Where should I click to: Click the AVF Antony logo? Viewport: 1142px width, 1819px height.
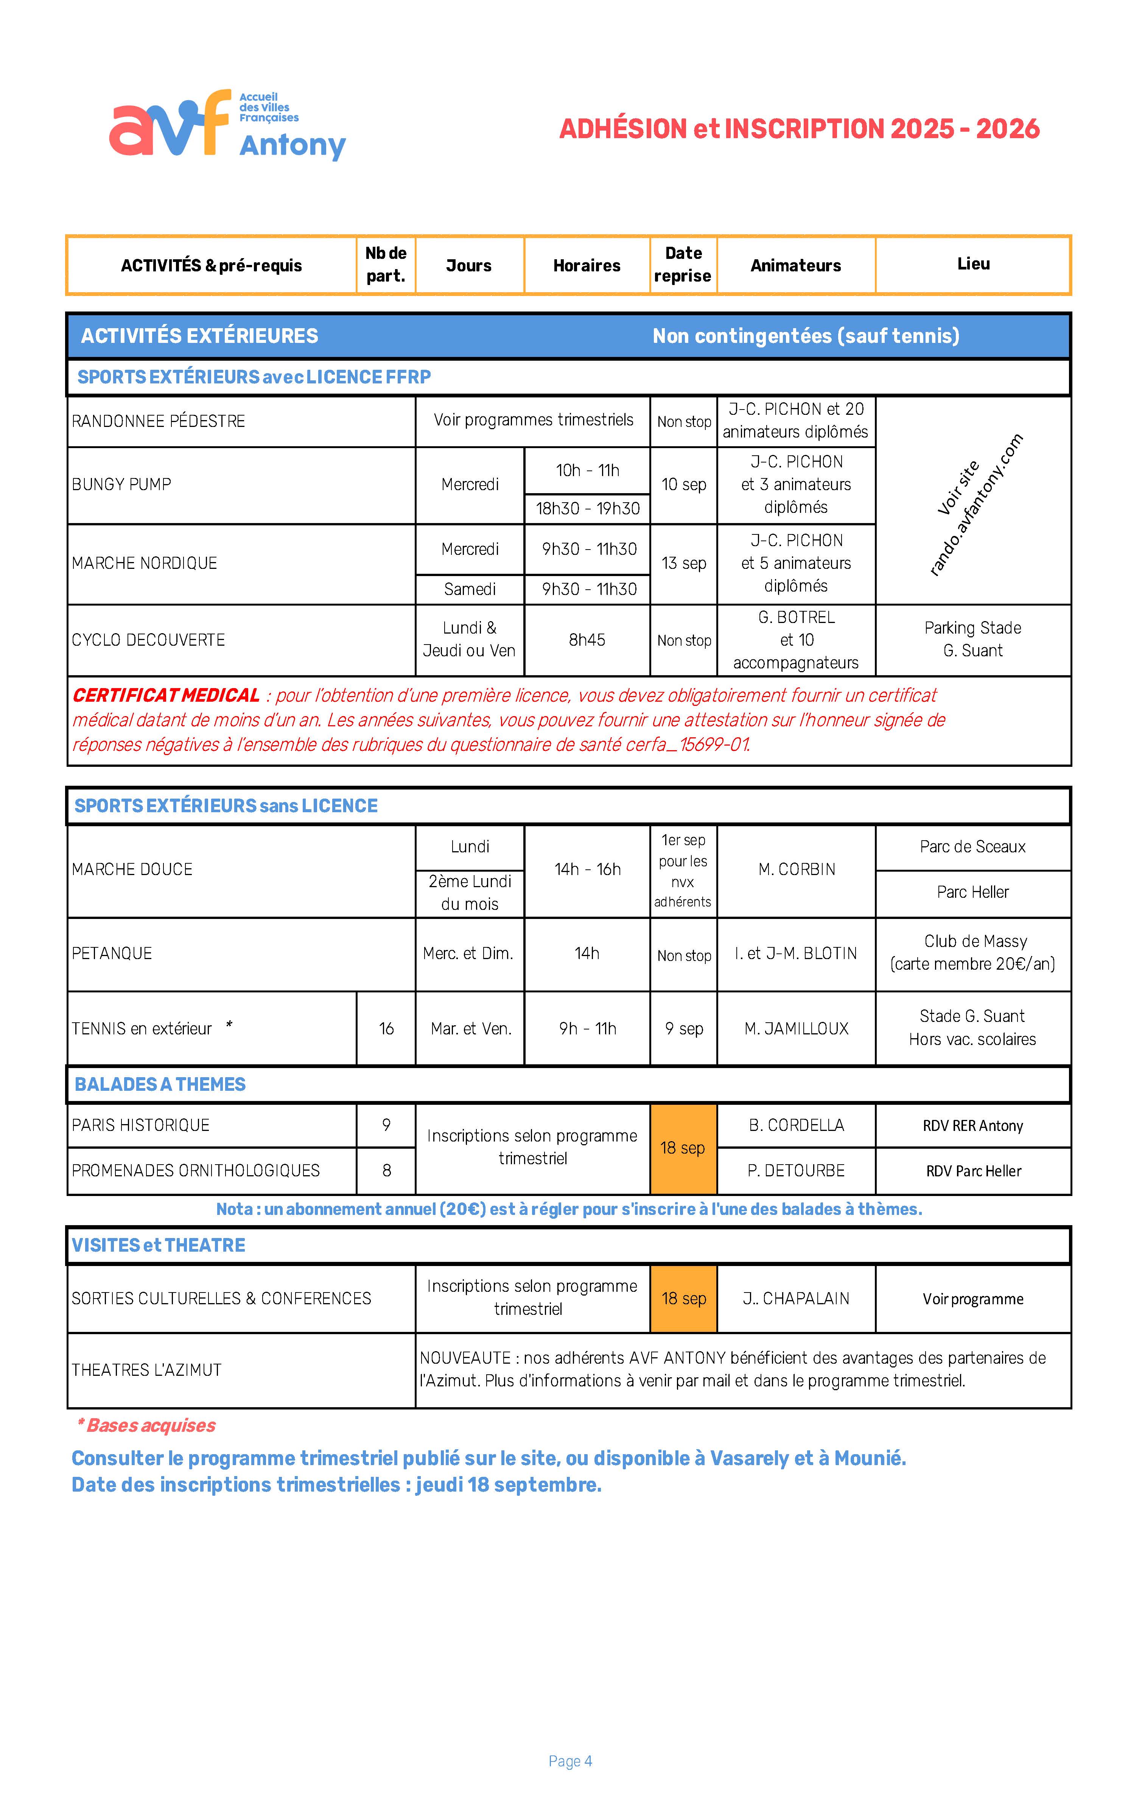click(227, 125)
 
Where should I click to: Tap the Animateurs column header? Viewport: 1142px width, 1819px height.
click(795, 265)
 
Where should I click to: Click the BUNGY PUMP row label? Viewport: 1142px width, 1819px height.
click(121, 484)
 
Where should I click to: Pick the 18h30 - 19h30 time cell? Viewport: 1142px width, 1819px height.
click(588, 508)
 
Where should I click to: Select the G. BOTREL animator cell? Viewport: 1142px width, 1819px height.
click(796, 640)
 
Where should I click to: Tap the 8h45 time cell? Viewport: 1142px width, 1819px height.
click(587, 640)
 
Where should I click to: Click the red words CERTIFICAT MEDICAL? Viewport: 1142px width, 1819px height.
click(166, 695)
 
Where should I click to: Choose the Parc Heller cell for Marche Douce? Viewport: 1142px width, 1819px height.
click(973, 892)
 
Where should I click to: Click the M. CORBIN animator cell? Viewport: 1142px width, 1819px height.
click(796, 869)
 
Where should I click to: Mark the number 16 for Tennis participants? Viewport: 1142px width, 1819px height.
click(386, 1028)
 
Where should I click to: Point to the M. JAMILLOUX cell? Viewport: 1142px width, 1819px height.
click(796, 1028)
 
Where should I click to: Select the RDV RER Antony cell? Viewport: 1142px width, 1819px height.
click(973, 1126)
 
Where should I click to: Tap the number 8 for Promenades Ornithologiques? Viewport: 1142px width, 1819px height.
click(386, 1170)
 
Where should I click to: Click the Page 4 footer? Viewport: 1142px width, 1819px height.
click(570, 1761)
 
